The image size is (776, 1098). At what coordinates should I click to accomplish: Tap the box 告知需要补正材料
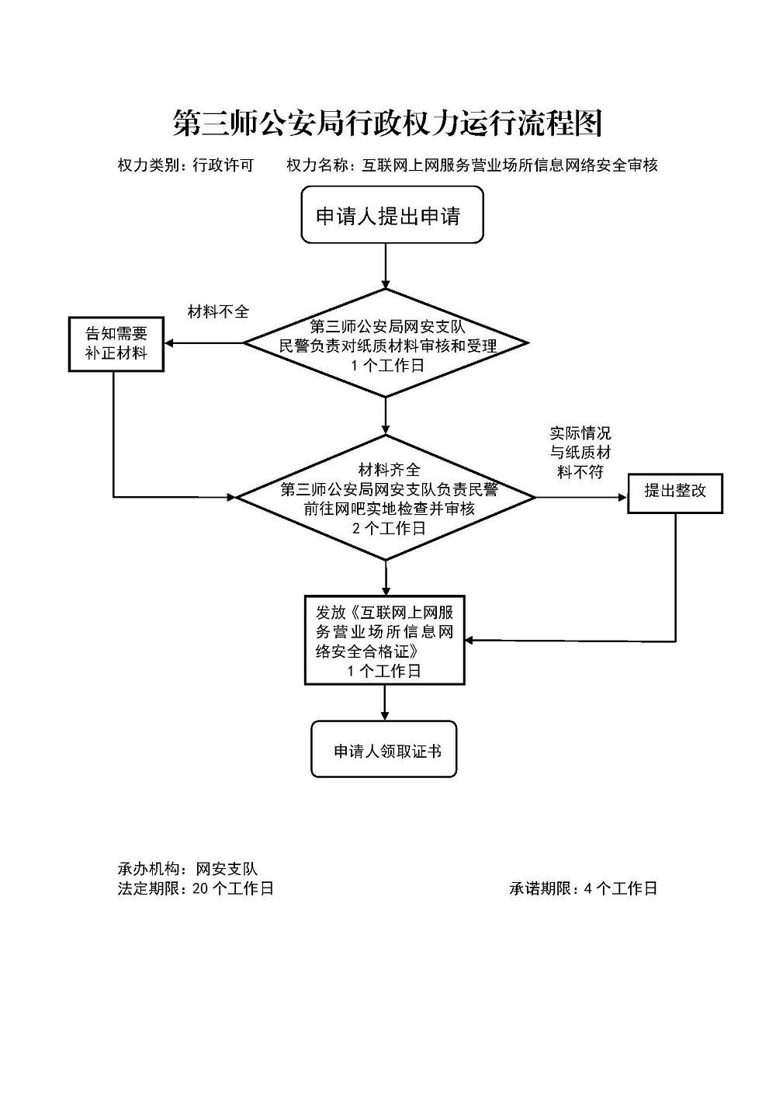point(116,343)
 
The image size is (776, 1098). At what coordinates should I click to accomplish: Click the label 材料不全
point(218,312)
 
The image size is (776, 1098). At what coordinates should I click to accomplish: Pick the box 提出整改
point(674,492)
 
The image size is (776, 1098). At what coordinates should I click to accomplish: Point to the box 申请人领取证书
point(384,750)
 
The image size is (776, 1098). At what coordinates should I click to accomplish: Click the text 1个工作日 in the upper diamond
point(387,365)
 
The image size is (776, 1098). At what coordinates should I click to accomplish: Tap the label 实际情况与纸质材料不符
point(580,452)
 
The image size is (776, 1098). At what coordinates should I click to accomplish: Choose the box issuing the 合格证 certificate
point(384,640)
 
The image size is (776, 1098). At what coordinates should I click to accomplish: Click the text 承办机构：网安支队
point(187,869)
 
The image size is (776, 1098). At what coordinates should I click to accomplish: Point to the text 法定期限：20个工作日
point(196,888)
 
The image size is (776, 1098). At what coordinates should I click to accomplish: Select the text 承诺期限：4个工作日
point(583,888)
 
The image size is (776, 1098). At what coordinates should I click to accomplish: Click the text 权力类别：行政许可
point(185,165)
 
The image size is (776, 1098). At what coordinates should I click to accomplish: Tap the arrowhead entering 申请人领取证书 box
point(385,715)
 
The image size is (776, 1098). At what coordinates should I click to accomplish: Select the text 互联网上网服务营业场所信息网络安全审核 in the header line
point(510,165)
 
